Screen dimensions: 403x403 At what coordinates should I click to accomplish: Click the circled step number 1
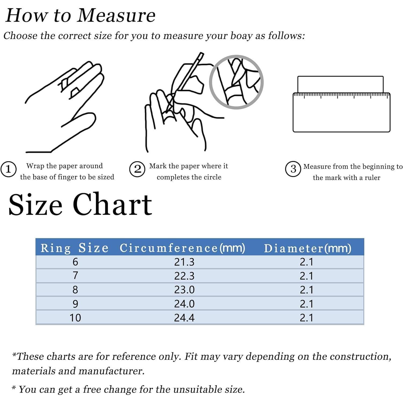(8, 169)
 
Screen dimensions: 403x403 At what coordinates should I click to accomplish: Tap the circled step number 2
(137, 169)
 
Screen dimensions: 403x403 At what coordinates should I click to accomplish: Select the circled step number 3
(293, 169)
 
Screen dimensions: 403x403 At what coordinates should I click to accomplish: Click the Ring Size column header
(74, 248)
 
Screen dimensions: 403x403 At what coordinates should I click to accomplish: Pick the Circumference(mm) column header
(182, 248)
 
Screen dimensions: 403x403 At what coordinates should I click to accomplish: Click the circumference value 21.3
(184, 262)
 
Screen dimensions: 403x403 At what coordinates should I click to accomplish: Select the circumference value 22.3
(184, 276)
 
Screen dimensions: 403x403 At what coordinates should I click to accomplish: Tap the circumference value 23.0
(184, 290)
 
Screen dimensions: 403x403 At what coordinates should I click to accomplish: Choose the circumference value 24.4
(184, 318)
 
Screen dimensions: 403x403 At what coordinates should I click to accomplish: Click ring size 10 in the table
(75, 318)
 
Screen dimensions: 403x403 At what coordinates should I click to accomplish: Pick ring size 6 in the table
(75, 262)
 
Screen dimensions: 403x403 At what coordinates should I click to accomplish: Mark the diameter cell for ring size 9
(307, 304)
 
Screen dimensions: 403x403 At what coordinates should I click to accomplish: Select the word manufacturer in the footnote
(111, 371)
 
